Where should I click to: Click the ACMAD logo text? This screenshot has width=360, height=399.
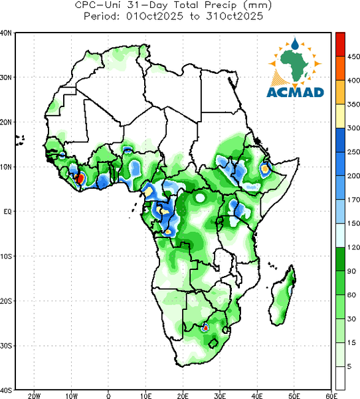pos(295,92)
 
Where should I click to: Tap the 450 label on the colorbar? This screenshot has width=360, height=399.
pos(353,57)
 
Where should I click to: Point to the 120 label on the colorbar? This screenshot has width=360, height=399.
pos(353,247)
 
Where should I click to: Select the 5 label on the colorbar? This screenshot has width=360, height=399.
pos(349,366)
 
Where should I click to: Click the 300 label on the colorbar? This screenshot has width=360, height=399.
pos(353,128)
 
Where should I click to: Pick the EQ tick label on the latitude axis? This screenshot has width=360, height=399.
pos(7,211)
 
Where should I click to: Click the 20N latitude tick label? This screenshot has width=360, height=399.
pos(6,122)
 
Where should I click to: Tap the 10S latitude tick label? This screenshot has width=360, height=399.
pos(6,256)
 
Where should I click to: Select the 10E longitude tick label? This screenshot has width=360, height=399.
pos(145,396)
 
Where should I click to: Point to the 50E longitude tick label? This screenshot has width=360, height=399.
pos(294,396)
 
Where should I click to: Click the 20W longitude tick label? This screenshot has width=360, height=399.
pos(34,396)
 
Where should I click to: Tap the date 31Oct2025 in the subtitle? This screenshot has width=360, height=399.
pos(234,16)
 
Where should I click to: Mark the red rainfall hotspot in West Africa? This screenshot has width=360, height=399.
pos(80,178)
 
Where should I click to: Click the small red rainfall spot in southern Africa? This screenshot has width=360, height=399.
pos(205,328)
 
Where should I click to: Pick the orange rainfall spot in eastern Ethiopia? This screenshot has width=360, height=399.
pos(265,168)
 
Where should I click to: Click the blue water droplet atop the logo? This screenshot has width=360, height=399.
pos(295,44)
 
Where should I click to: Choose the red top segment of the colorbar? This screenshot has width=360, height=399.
pos(340,45)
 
